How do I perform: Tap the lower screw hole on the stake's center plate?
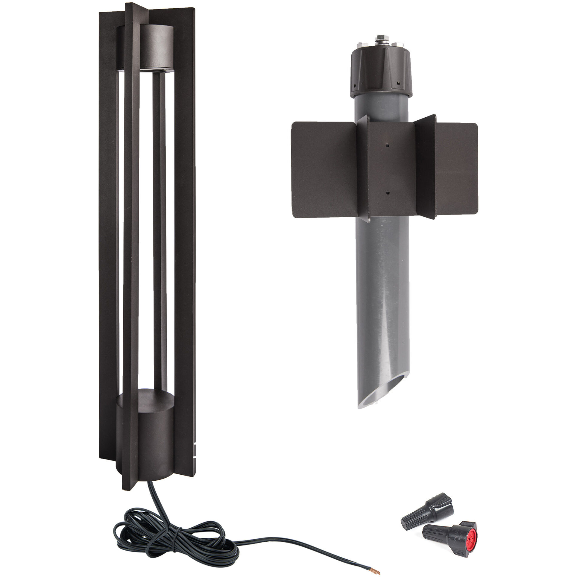tap(387, 193)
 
